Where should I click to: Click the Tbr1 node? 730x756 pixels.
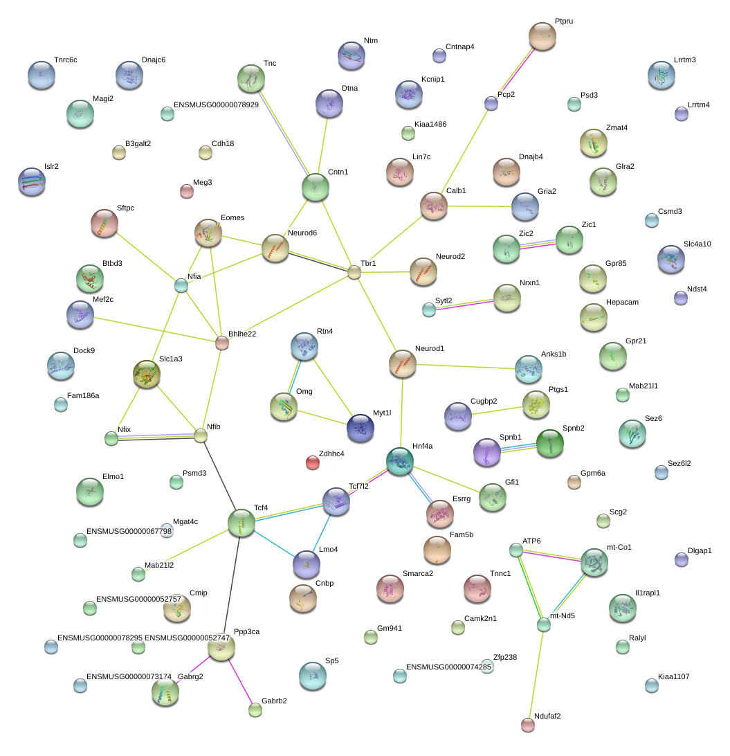click(354, 272)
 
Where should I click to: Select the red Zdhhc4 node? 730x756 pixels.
click(313, 463)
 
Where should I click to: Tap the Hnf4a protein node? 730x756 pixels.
click(399, 461)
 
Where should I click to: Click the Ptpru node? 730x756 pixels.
click(542, 36)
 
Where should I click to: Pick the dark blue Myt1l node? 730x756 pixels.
click(360, 428)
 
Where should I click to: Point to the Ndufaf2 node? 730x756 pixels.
click(528, 725)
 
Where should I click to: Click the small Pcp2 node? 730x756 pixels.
click(491, 103)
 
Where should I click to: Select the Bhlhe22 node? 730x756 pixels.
click(221, 343)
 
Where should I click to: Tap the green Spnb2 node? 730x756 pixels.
click(550, 443)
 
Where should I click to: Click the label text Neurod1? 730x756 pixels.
click(429, 349)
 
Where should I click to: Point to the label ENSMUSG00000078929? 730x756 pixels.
click(216, 105)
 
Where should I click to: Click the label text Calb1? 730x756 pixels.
click(456, 190)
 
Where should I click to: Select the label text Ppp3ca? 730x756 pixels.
click(247, 631)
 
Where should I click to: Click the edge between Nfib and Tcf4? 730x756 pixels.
click(220, 474)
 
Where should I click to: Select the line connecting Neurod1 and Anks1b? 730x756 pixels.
click(466, 366)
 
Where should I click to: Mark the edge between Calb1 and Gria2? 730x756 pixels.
click(480, 206)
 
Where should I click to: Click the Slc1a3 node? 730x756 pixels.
click(147, 374)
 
